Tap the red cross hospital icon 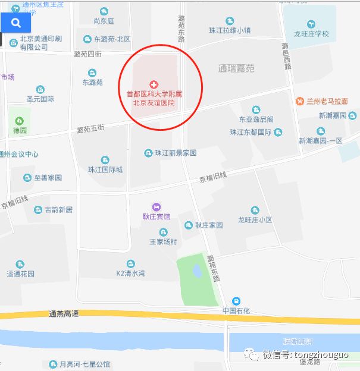coord(154,84)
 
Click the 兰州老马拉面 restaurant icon coord(300,100)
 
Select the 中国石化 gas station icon coord(236,301)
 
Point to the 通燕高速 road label coord(64,313)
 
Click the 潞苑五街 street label coord(90,128)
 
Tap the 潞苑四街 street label coord(87,54)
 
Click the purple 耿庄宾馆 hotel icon coord(156,206)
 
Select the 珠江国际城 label coord(105,169)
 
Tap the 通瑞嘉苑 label coord(236,69)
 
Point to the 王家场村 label coord(163,242)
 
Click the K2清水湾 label coord(130,273)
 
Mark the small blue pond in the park coord(196,271)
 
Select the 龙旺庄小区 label coord(255,220)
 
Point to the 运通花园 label coord(21,274)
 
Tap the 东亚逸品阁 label coord(256,119)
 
